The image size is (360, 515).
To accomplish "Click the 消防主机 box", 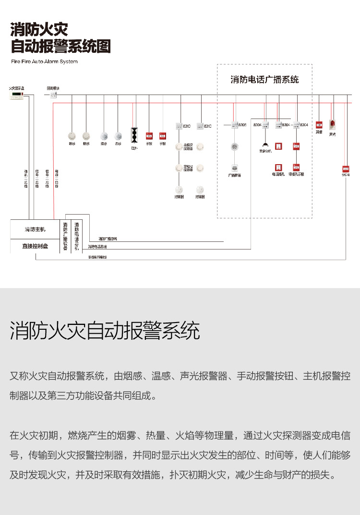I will click(x=35, y=229).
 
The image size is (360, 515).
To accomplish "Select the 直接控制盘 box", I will click(x=35, y=246).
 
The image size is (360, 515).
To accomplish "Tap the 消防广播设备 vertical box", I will click(x=65, y=236).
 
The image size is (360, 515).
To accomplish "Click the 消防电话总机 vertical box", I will click(x=77, y=236).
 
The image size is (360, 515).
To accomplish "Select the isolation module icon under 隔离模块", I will click(x=53, y=96).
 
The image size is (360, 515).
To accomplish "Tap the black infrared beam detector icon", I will click(x=134, y=134).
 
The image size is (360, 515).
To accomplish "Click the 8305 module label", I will click(x=242, y=125).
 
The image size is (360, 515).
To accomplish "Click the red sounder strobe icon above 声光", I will click(x=332, y=125).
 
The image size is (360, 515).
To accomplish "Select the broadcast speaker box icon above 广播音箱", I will click(x=234, y=168).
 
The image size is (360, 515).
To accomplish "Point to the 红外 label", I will click(x=134, y=148).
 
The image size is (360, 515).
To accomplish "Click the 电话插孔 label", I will click(x=278, y=175).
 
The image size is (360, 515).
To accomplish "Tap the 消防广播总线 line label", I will click(x=108, y=239).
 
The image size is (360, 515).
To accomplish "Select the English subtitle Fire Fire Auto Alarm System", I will click(x=44, y=61).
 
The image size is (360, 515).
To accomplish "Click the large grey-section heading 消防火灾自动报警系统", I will click(x=105, y=331).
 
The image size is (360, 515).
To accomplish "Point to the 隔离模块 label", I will click(x=53, y=88).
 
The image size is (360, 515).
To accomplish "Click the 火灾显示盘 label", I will click(x=17, y=89).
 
